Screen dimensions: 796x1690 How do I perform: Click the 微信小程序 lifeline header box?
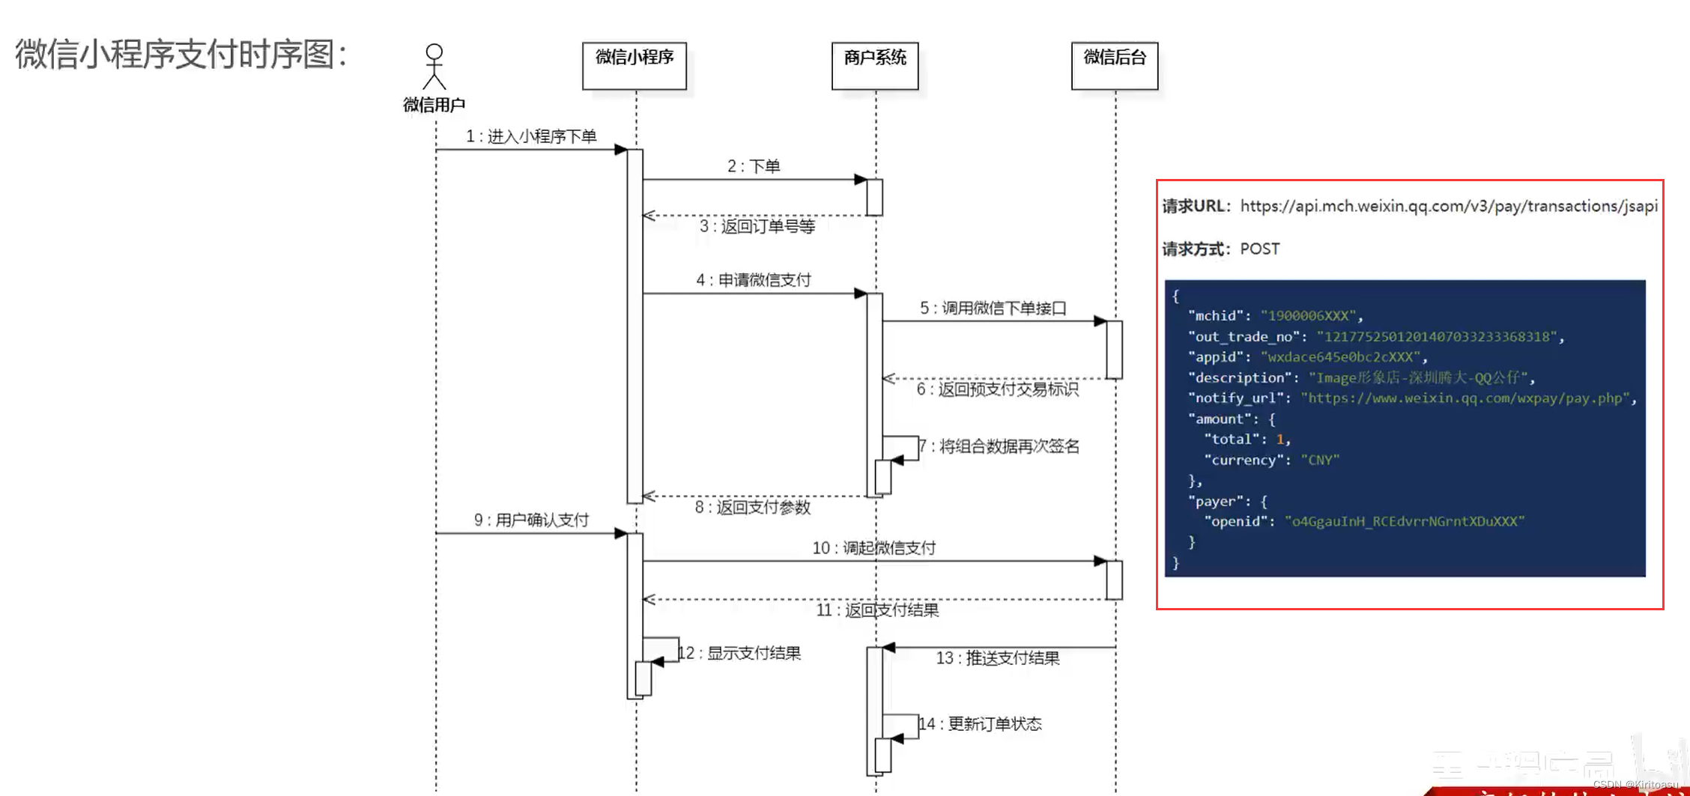pos(634,65)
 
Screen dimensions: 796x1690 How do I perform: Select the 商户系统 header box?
pos(875,65)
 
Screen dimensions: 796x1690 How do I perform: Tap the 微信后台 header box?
pos(1115,65)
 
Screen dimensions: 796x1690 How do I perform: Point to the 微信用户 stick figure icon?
pos(434,67)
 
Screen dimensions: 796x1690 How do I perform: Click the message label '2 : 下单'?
pos(754,166)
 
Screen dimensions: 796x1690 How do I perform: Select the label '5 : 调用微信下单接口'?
pos(993,308)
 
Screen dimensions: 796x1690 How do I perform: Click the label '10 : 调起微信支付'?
pos(874,548)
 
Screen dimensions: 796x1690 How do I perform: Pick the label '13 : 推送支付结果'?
pos(998,658)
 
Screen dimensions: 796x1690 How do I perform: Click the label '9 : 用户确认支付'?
pos(531,520)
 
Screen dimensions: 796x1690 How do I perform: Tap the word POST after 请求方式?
pos(1260,249)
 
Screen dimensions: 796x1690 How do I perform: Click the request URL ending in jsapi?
pos(1449,206)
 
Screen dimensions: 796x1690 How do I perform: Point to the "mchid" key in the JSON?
pos(1216,316)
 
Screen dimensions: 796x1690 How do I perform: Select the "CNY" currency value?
pos(1320,460)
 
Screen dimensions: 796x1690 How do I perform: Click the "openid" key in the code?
pos(1235,521)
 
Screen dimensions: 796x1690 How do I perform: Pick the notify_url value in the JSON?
pos(1465,398)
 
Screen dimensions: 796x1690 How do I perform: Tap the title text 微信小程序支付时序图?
pos(181,55)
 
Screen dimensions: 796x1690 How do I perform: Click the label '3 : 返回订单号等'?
pos(757,226)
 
